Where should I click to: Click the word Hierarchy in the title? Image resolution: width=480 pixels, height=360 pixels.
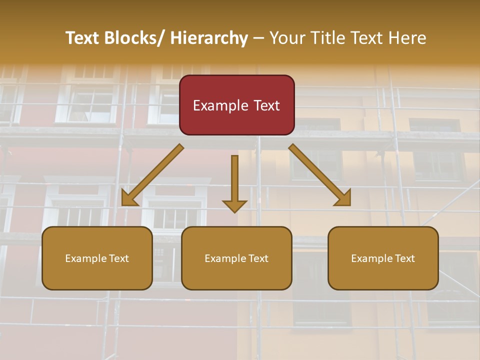pos(209,38)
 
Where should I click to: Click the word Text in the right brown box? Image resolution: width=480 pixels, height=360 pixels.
pos(404,258)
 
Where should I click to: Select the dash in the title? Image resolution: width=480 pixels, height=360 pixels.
pos(258,38)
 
